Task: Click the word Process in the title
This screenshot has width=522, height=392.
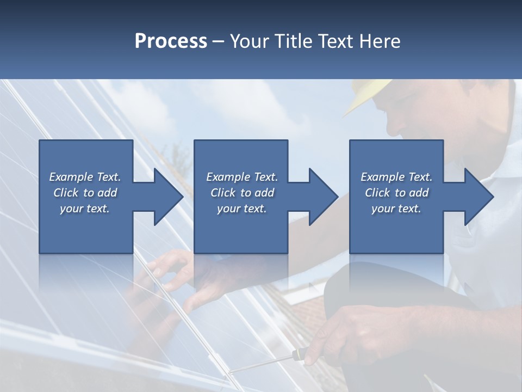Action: [x=171, y=41]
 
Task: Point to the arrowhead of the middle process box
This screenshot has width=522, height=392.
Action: [x=322, y=197]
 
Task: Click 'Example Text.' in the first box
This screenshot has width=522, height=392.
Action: [x=85, y=177]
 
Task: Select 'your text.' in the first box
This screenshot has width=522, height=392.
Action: [x=85, y=209]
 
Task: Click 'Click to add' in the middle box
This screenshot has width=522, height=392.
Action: [x=242, y=193]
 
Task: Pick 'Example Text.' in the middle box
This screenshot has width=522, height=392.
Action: [x=242, y=177]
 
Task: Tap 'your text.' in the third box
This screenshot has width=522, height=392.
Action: [x=396, y=209]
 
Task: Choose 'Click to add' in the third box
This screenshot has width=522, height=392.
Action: [x=396, y=193]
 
